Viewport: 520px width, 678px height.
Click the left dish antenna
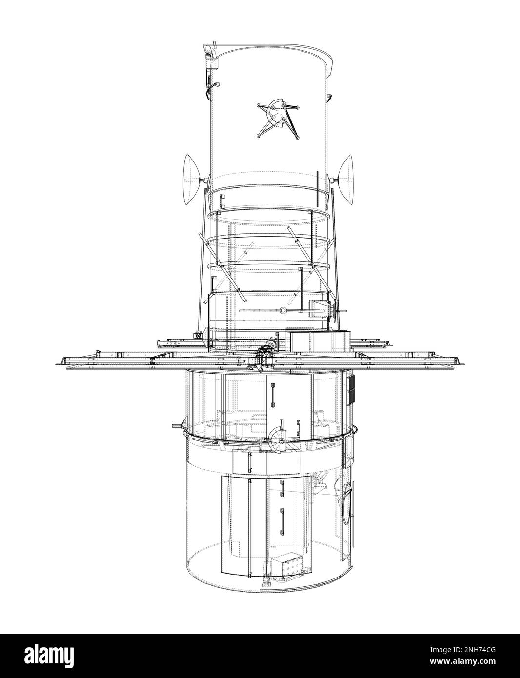pyautogui.click(x=191, y=179)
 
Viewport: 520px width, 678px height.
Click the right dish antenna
pyautogui.click(x=346, y=179)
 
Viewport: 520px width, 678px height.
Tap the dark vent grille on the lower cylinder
pyautogui.click(x=351, y=390)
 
